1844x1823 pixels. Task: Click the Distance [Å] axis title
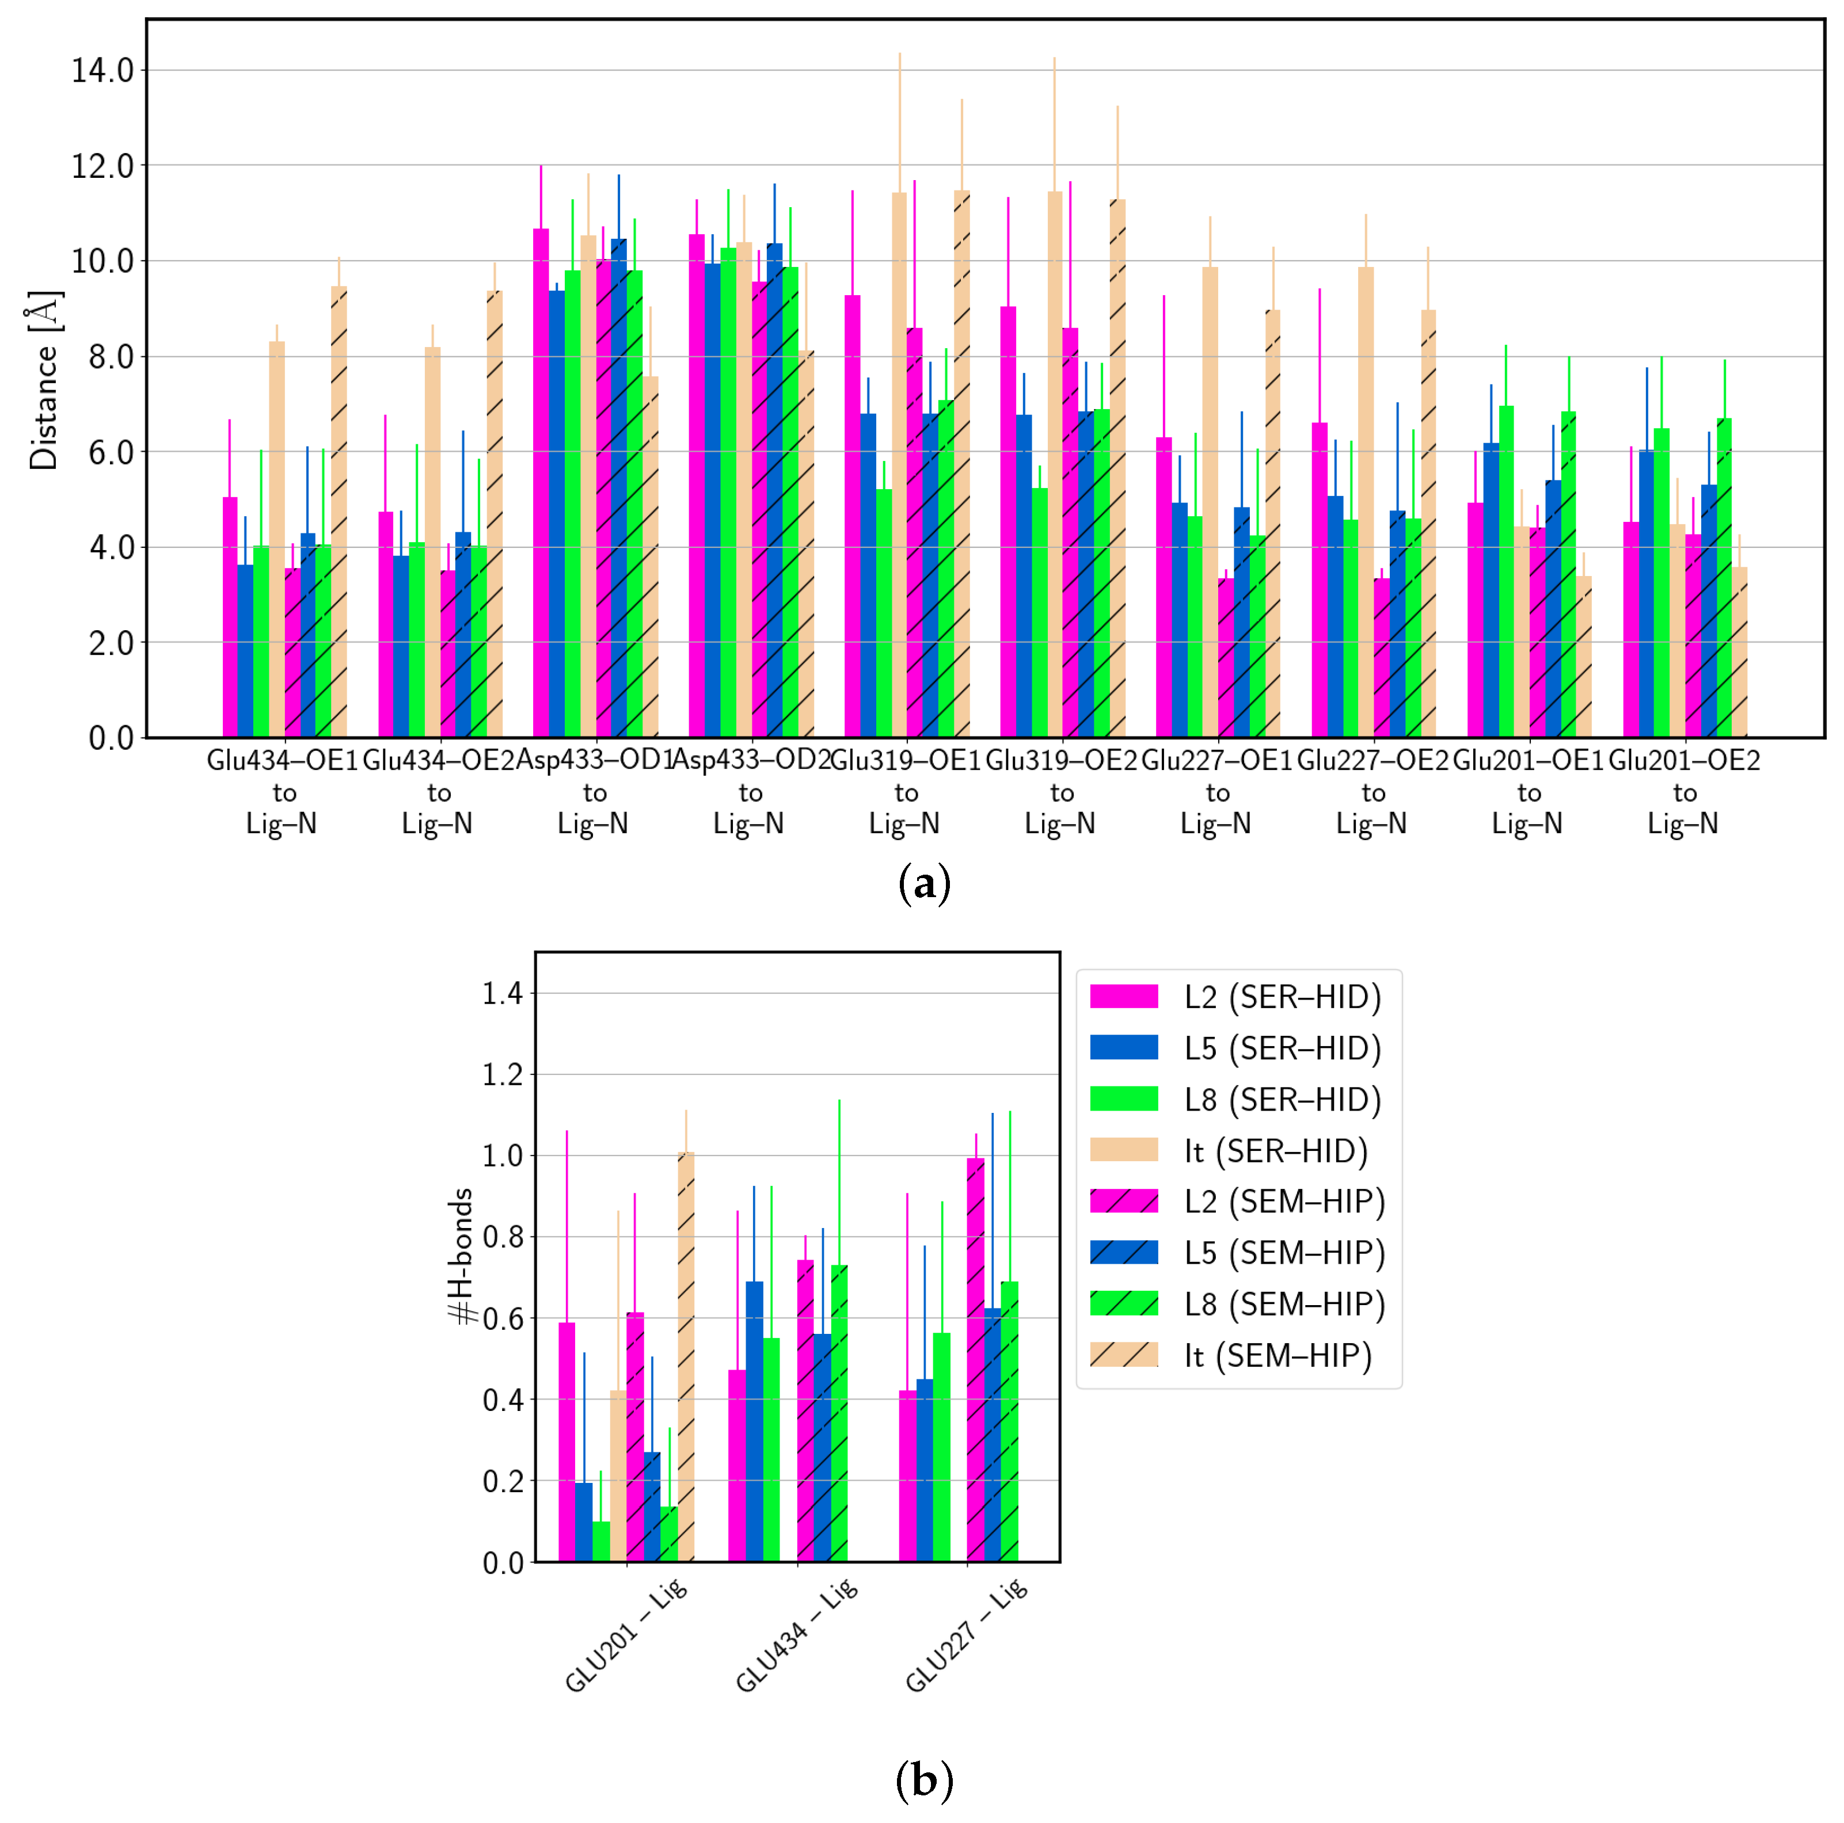(44, 380)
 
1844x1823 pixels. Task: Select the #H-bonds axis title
(462, 1256)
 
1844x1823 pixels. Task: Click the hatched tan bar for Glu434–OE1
(339, 515)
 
